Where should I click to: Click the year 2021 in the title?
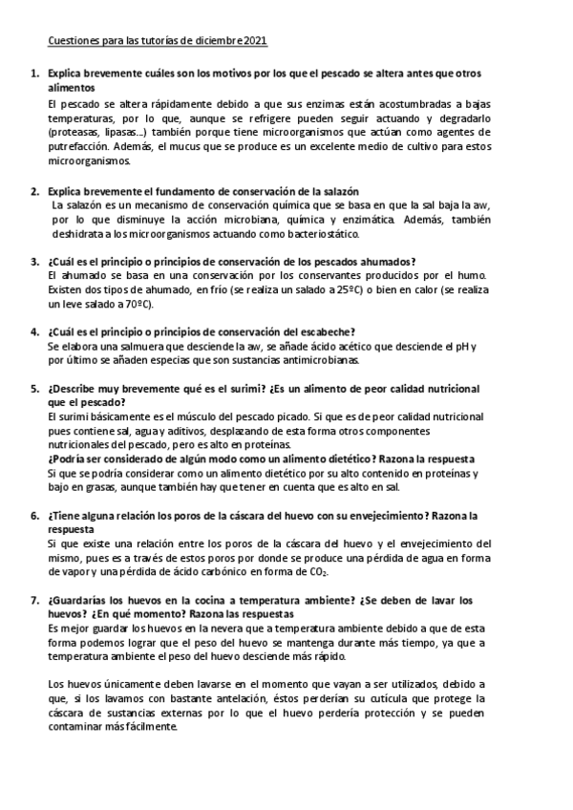tap(255, 41)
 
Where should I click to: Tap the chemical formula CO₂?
tap(319, 572)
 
